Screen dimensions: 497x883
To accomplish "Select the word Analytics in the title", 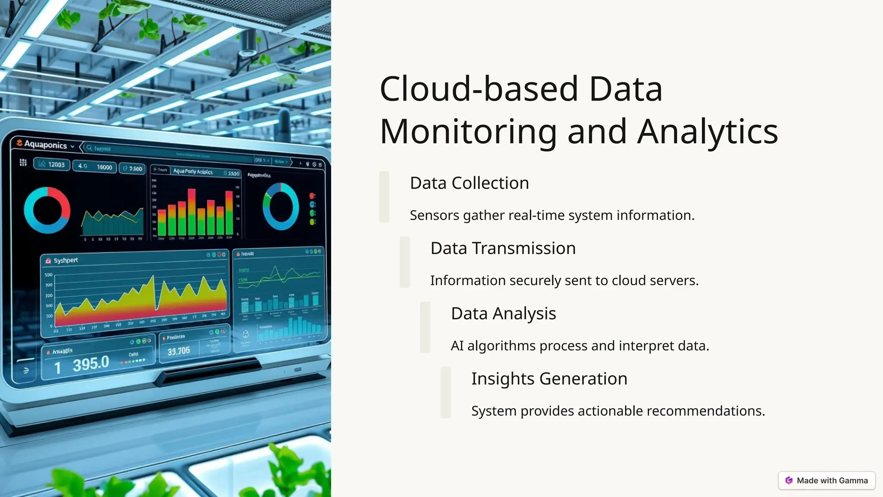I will coord(708,132).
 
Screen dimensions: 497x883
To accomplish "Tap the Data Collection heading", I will coord(469,183).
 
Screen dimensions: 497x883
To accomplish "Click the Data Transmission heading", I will coord(503,248).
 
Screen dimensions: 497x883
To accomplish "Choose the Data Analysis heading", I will coord(503,314).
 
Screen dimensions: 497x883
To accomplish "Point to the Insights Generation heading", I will coord(549,379).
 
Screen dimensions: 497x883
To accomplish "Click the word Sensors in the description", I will coord(434,215).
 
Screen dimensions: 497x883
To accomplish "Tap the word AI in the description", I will coord(457,346).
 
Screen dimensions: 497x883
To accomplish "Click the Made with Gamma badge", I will coord(827,481).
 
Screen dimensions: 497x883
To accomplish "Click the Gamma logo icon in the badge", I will coord(789,481).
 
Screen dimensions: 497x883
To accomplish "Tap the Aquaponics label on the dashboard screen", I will coord(45,145).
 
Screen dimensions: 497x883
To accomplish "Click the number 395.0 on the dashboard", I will coord(91,364).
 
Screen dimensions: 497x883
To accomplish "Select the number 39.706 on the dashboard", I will coord(178,351).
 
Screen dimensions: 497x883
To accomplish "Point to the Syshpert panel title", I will coord(66,261).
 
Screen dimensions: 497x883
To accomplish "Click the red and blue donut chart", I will coord(47,210).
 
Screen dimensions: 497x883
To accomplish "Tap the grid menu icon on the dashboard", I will coord(23,163).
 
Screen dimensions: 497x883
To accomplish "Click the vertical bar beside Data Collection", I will coord(384,197).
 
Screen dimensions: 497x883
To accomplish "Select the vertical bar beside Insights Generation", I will coord(445,392).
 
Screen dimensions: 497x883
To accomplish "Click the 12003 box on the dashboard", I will coord(52,164).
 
